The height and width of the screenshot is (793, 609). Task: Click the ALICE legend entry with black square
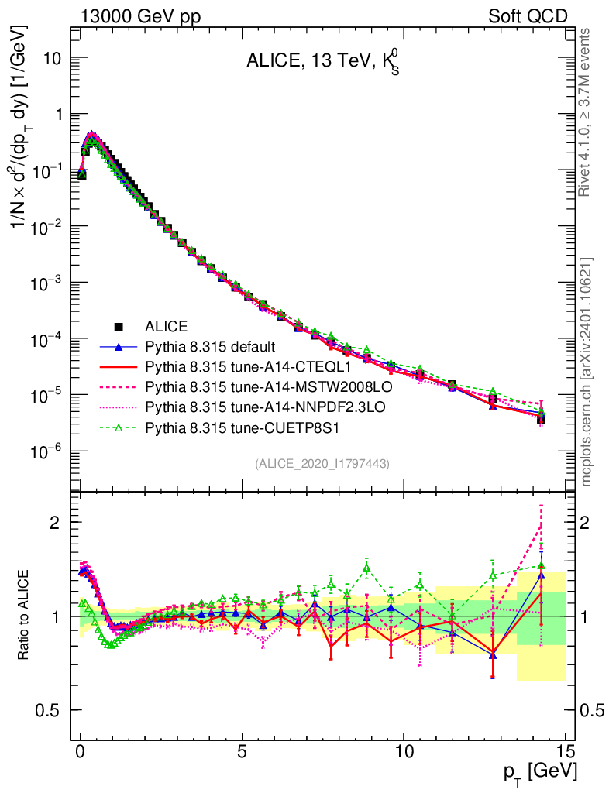click(x=167, y=326)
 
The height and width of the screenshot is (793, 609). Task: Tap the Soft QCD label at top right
click(x=527, y=16)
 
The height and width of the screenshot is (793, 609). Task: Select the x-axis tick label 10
click(x=404, y=751)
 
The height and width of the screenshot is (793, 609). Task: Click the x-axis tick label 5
click(x=243, y=751)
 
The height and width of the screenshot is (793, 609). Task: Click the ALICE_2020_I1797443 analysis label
click(x=322, y=463)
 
